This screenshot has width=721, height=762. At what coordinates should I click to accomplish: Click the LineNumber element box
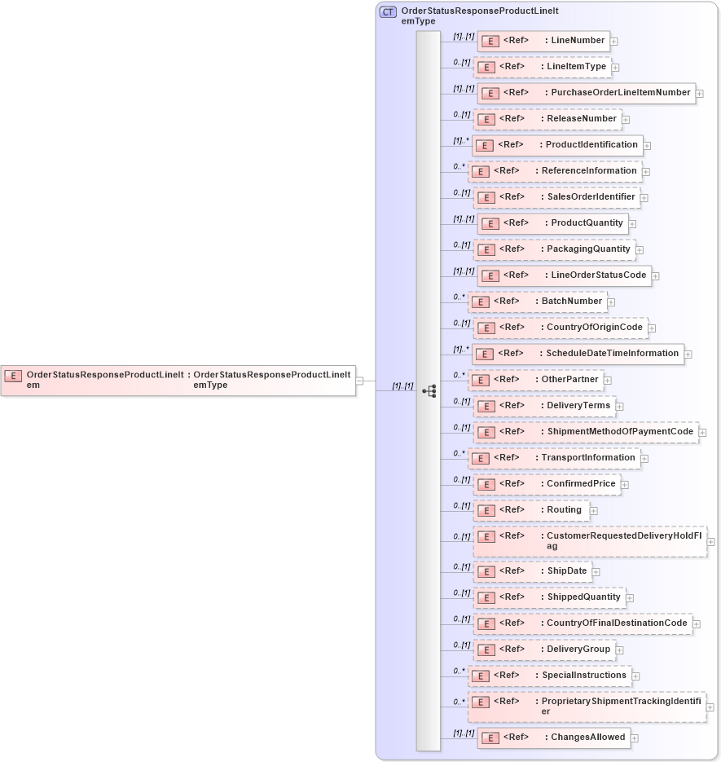(x=543, y=41)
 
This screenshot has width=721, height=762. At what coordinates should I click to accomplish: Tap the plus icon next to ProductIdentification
(x=647, y=146)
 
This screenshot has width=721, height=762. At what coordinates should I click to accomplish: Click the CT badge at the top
(x=389, y=12)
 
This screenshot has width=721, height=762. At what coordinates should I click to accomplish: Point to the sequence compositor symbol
(x=429, y=391)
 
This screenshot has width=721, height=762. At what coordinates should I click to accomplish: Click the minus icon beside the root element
(x=359, y=380)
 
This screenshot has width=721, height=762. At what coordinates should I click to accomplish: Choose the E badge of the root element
(x=13, y=376)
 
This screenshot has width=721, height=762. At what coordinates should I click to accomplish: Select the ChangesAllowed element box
(x=553, y=738)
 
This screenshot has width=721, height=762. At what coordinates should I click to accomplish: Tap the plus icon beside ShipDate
(x=596, y=572)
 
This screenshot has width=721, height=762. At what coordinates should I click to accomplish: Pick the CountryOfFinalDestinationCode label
(x=618, y=623)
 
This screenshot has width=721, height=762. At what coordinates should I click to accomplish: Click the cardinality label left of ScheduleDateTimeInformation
(x=461, y=349)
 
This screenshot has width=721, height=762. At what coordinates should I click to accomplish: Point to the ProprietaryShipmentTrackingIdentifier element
(x=587, y=707)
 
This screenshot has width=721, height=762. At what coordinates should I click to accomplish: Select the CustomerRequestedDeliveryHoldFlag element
(x=590, y=541)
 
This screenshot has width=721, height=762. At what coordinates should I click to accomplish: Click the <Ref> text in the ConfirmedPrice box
(x=512, y=484)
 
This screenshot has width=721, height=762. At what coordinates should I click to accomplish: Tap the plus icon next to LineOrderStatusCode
(x=655, y=276)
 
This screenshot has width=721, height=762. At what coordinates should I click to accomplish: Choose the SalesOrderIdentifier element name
(x=591, y=197)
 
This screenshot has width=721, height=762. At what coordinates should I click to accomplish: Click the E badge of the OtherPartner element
(x=480, y=380)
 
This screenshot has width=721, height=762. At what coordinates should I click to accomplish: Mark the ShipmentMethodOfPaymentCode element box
(x=586, y=432)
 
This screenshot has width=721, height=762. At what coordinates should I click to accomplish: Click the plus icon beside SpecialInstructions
(x=635, y=676)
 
